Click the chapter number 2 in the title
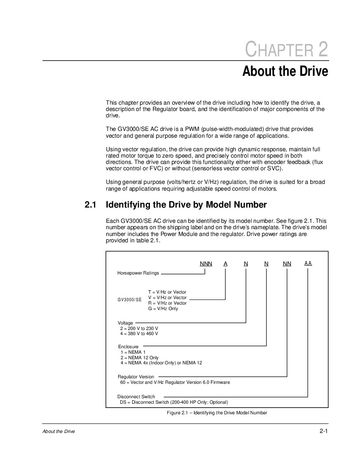click(x=322, y=50)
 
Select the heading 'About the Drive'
click(x=285, y=71)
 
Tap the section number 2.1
click(x=91, y=205)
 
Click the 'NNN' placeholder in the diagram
click(x=206, y=264)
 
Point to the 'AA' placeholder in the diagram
click(x=308, y=263)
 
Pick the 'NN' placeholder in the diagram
click(x=287, y=264)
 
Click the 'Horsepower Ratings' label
click(x=138, y=273)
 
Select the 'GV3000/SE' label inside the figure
click(x=130, y=300)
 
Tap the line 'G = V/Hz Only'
click(x=163, y=308)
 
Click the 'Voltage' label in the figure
click(x=125, y=323)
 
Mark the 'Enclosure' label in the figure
click(x=128, y=347)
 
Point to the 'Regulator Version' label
click(x=136, y=376)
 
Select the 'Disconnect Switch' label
click(x=136, y=397)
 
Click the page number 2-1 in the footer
click(x=324, y=431)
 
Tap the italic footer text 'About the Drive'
click(x=58, y=432)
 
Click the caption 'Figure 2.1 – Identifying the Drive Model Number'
click(x=217, y=413)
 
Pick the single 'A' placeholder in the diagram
click(x=226, y=264)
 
